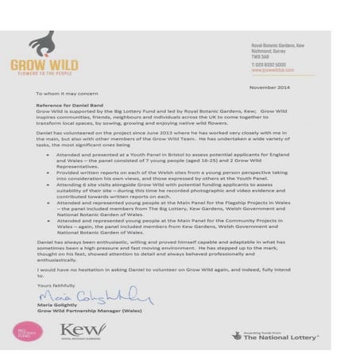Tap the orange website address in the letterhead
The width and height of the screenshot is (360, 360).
coord(269,71)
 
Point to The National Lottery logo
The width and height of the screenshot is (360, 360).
coord(274,335)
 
